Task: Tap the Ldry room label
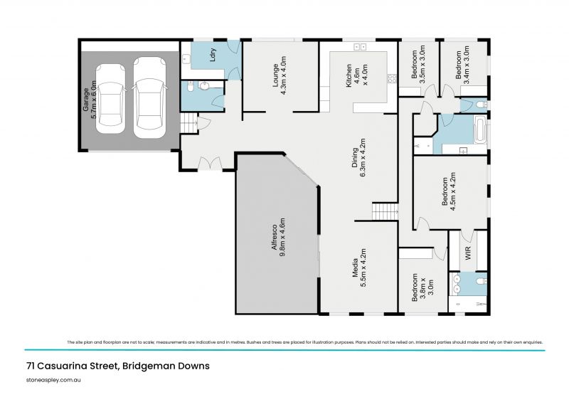[213, 56]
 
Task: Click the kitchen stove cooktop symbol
[390, 79]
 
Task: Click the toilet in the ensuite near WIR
[481, 283]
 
